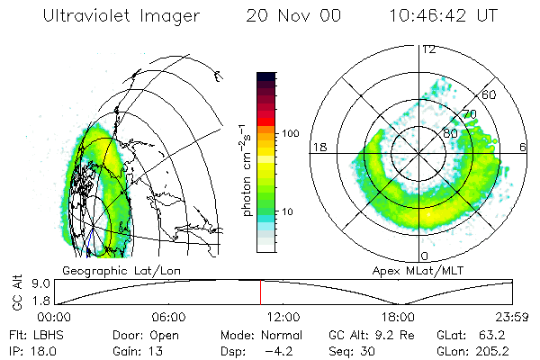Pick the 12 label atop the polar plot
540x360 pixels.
click(x=429, y=49)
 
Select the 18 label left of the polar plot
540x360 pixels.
click(x=319, y=147)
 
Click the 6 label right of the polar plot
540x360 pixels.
click(x=524, y=147)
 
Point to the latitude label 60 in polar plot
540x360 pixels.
click(x=490, y=94)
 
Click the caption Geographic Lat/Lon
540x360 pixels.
click(x=126, y=270)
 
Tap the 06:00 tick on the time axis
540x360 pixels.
click(x=168, y=317)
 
